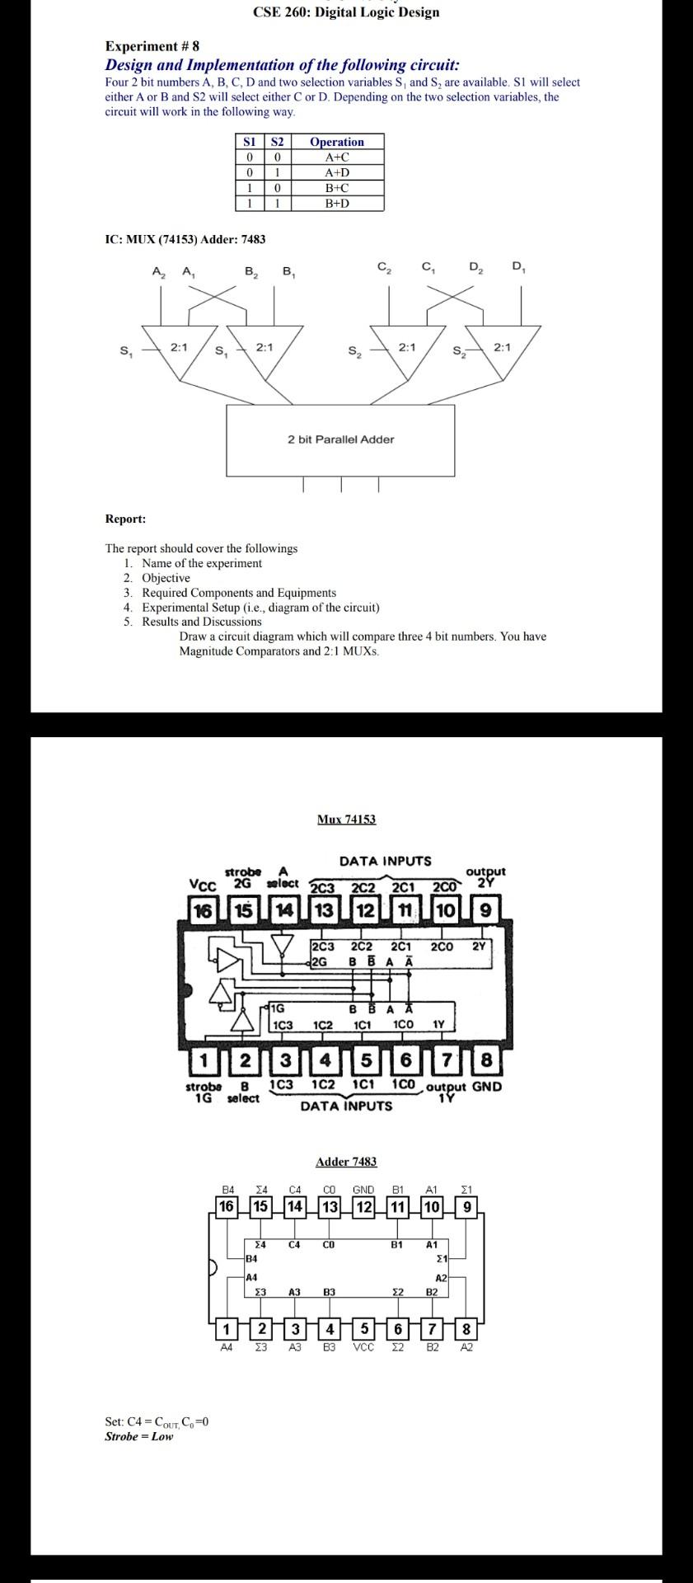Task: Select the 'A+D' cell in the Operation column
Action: [x=337, y=172]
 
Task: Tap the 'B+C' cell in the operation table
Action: [x=337, y=187]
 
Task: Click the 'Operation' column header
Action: [x=336, y=142]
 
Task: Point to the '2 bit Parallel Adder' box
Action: [x=340, y=439]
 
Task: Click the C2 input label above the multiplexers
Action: [x=384, y=267]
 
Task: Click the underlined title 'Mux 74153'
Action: [x=346, y=819]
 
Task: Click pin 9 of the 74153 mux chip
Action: [x=485, y=911]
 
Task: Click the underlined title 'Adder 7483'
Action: [x=346, y=1162]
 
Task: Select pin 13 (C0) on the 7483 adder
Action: [x=329, y=1207]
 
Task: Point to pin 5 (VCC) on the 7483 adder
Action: [x=363, y=1329]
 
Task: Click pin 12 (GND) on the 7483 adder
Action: [x=363, y=1207]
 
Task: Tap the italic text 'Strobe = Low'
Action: [x=139, y=1436]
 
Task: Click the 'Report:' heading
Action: [x=125, y=519]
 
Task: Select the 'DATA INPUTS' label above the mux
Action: [x=385, y=861]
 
